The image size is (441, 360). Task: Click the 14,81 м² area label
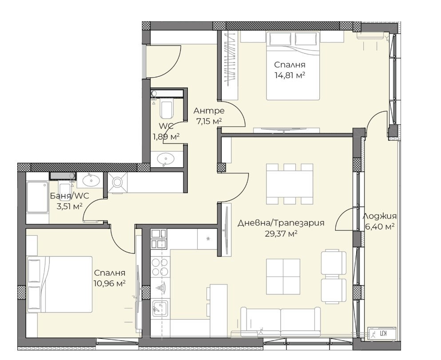(x=290, y=75)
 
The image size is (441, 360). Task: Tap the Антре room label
(x=209, y=111)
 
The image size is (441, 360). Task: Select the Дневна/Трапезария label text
(x=281, y=223)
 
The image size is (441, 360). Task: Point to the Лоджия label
(x=380, y=216)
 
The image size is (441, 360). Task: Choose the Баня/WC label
(x=69, y=196)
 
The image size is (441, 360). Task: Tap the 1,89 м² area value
(x=166, y=137)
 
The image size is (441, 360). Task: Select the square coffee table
(x=283, y=277)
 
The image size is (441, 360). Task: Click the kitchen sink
(x=160, y=309)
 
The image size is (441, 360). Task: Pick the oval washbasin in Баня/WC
(x=90, y=180)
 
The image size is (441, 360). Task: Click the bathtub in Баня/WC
(x=38, y=197)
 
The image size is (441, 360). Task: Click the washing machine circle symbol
(x=118, y=183)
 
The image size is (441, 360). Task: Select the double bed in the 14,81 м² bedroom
(x=293, y=66)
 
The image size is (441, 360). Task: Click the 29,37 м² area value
(x=282, y=234)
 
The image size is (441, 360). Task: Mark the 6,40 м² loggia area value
(x=380, y=226)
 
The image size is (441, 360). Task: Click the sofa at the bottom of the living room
(x=281, y=321)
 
